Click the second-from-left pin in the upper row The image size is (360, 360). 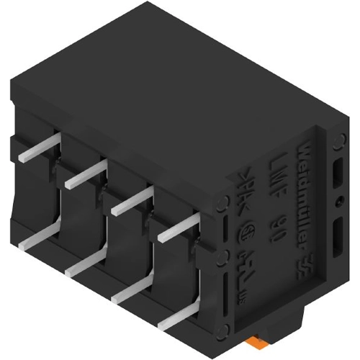tap(83, 176)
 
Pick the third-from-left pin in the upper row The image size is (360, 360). tap(130, 201)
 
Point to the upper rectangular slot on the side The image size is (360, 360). tap(338, 173)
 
